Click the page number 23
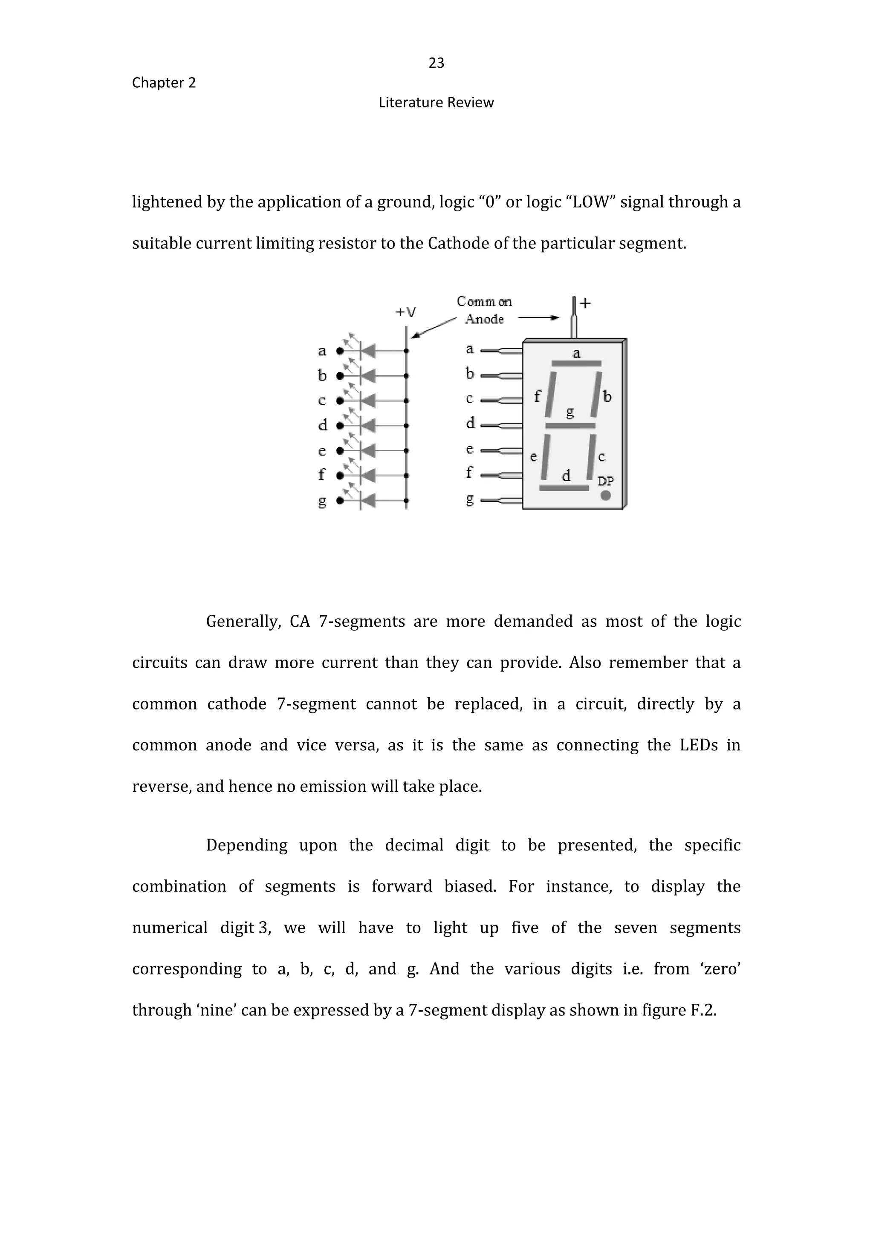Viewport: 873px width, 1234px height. (436, 63)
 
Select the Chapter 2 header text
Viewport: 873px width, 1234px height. (164, 83)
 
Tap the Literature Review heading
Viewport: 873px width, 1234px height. (436, 103)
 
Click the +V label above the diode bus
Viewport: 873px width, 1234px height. (406, 312)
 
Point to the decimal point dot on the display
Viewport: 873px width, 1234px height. (606, 495)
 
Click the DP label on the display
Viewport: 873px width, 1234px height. (606, 481)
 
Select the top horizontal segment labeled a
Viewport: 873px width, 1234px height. (576, 364)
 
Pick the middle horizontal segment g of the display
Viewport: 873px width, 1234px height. (570, 426)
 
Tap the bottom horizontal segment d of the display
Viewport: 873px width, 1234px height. (564, 488)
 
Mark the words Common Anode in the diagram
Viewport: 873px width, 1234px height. (484, 310)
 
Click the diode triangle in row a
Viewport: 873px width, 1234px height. (368, 351)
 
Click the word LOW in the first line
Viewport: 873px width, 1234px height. (591, 202)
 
